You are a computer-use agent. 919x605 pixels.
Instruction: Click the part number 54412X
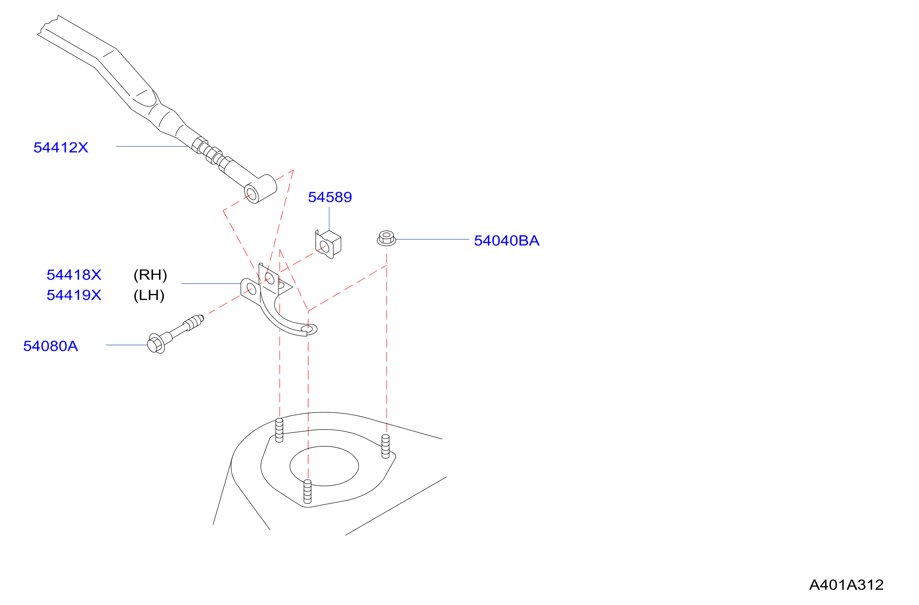point(61,148)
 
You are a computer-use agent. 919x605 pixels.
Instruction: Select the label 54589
point(330,197)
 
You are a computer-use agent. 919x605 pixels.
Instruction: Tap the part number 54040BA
point(507,241)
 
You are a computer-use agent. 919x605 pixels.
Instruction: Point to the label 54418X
point(74,275)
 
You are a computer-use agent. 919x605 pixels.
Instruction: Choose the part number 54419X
point(74,295)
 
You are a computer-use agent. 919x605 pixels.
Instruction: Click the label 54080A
point(51,346)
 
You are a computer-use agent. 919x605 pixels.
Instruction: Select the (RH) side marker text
point(150,275)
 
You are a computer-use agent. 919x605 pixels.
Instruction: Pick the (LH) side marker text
point(149,295)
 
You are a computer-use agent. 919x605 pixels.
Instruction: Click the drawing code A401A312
point(846,585)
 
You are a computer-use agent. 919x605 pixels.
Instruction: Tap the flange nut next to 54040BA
point(386,238)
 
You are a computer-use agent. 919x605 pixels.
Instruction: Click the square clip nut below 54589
point(328,244)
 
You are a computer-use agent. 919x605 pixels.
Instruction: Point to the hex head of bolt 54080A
point(156,343)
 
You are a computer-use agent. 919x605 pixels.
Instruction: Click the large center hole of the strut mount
point(324,466)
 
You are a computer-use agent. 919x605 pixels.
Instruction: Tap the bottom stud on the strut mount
point(308,491)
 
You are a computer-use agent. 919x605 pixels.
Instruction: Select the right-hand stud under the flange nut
point(386,446)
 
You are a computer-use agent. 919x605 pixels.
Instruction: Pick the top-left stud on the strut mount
point(279,430)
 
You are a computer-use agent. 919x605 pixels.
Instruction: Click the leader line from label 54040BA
point(432,239)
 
